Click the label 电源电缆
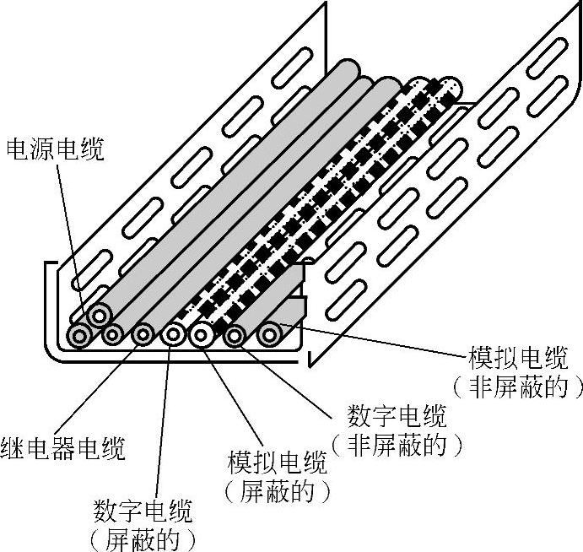click(56, 150)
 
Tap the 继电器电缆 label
click(63, 448)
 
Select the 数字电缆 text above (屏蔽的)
click(143, 511)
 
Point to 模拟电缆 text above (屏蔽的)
click(277, 463)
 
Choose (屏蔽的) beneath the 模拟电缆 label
click(277, 491)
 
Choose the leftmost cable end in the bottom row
click(81, 336)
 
